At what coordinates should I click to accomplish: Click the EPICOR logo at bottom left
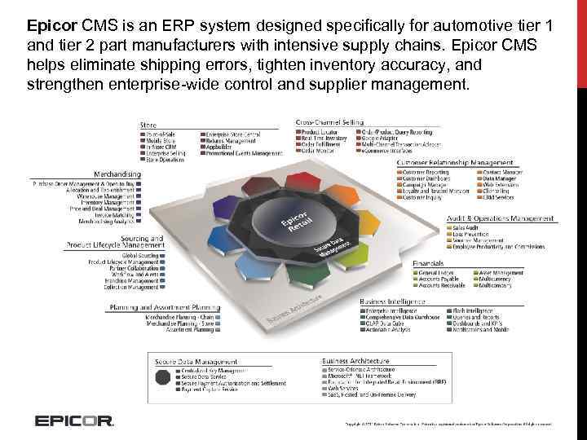[x=73, y=421]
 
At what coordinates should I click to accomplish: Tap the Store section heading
[x=148, y=124]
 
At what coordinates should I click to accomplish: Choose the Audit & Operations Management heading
[x=500, y=218]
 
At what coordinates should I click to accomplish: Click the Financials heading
[x=428, y=264]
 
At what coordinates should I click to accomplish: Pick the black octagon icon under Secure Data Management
[x=164, y=377]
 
